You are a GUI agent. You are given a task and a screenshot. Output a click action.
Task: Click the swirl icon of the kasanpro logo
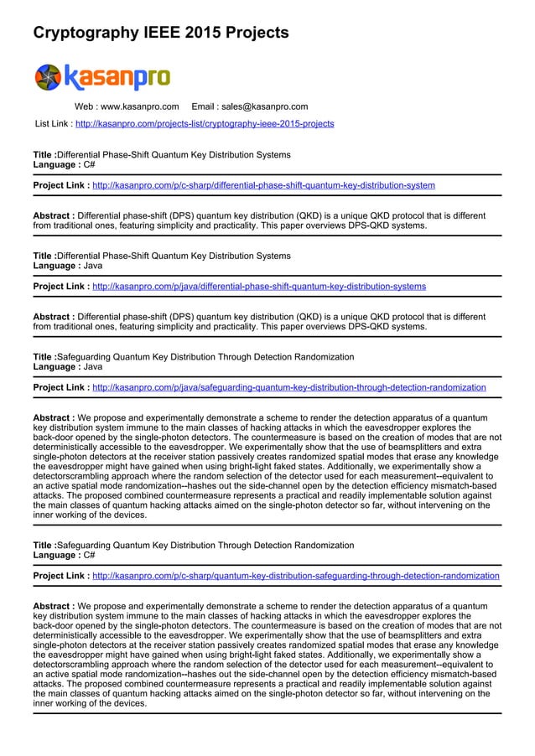[x=49, y=77]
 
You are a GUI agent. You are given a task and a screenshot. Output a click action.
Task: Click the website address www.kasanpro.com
[x=139, y=107]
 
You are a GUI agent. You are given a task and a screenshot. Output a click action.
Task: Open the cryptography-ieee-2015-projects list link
[x=205, y=124]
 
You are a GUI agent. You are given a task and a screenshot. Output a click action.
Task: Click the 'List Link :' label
[x=53, y=124]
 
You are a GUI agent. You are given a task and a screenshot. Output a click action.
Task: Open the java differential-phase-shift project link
[x=258, y=287]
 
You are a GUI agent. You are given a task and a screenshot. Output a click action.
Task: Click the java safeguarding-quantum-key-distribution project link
[x=288, y=388]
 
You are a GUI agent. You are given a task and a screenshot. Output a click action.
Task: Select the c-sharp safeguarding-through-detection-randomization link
[x=295, y=577]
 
